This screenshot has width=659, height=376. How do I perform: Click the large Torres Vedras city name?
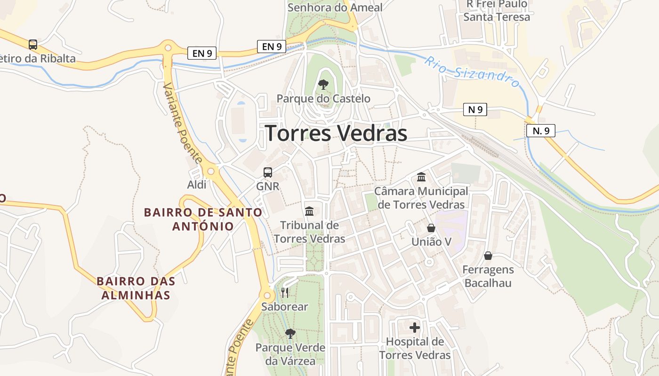pos(336,133)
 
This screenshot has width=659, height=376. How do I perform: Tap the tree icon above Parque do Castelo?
pos(323,85)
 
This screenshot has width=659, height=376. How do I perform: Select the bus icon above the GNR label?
pos(267,172)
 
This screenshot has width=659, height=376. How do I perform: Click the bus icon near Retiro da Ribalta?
pos(32,45)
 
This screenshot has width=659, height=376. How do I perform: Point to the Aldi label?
pos(197,185)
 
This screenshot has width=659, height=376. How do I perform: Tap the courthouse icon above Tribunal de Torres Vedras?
pos(309,211)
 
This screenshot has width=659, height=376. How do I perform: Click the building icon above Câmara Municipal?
pos(421,177)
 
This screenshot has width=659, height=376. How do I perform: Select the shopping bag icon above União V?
pos(431,228)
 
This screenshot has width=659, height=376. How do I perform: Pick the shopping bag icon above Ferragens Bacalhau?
pos(488,256)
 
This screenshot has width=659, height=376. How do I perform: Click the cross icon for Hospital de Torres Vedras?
pos(415,327)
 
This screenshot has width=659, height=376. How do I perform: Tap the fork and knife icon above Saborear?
pos(285,293)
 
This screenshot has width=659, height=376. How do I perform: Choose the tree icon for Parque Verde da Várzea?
pos(290,333)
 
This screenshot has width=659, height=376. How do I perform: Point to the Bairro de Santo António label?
pos(203,219)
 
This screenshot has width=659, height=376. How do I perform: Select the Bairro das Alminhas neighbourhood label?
pos(136,288)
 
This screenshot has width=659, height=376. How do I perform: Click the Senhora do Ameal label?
pos(335,7)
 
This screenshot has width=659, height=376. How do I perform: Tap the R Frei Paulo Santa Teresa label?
pos(497,10)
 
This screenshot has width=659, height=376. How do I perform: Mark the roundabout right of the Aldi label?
pos(211,170)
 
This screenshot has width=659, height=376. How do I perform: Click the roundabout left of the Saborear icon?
pos(267,296)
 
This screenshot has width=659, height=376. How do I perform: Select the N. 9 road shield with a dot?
pos(540,131)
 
